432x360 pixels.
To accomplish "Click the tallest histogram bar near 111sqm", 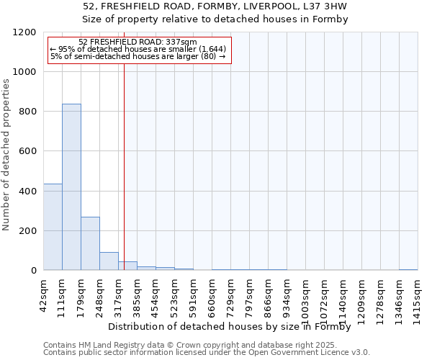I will click(71, 187).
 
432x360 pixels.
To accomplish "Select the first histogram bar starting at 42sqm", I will click(53, 227).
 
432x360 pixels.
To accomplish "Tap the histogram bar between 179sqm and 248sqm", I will click(90, 243).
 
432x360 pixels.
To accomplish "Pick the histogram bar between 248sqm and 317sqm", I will click(109, 261).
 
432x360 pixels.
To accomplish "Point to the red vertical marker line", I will click(124, 180).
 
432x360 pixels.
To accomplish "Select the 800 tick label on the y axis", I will click(27, 112).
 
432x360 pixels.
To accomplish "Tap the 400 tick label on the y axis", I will click(27, 192).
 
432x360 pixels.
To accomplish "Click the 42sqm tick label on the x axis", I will click(44, 293).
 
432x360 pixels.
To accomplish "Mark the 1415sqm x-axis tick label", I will click(418, 297).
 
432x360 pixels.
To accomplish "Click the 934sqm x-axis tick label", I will click(287, 295).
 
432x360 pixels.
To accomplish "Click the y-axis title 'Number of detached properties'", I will click(6, 155).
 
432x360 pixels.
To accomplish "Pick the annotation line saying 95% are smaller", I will click(138, 49).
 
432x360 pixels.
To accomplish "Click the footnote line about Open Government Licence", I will click(206, 352).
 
